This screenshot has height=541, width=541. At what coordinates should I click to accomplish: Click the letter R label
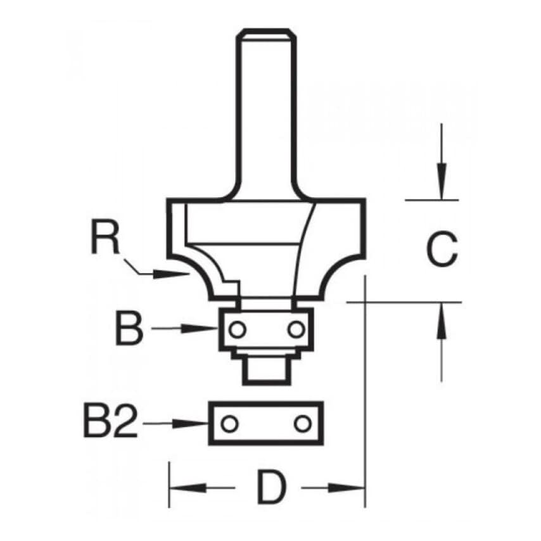click(105, 238)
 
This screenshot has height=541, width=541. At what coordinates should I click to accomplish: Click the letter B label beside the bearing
click(129, 328)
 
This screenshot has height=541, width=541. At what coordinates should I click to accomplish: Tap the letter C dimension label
click(442, 249)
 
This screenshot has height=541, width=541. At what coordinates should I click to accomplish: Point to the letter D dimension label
click(272, 488)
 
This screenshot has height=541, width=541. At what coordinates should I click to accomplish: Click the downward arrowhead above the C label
click(442, 181)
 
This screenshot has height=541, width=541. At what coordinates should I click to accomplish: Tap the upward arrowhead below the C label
click(442, 321)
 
